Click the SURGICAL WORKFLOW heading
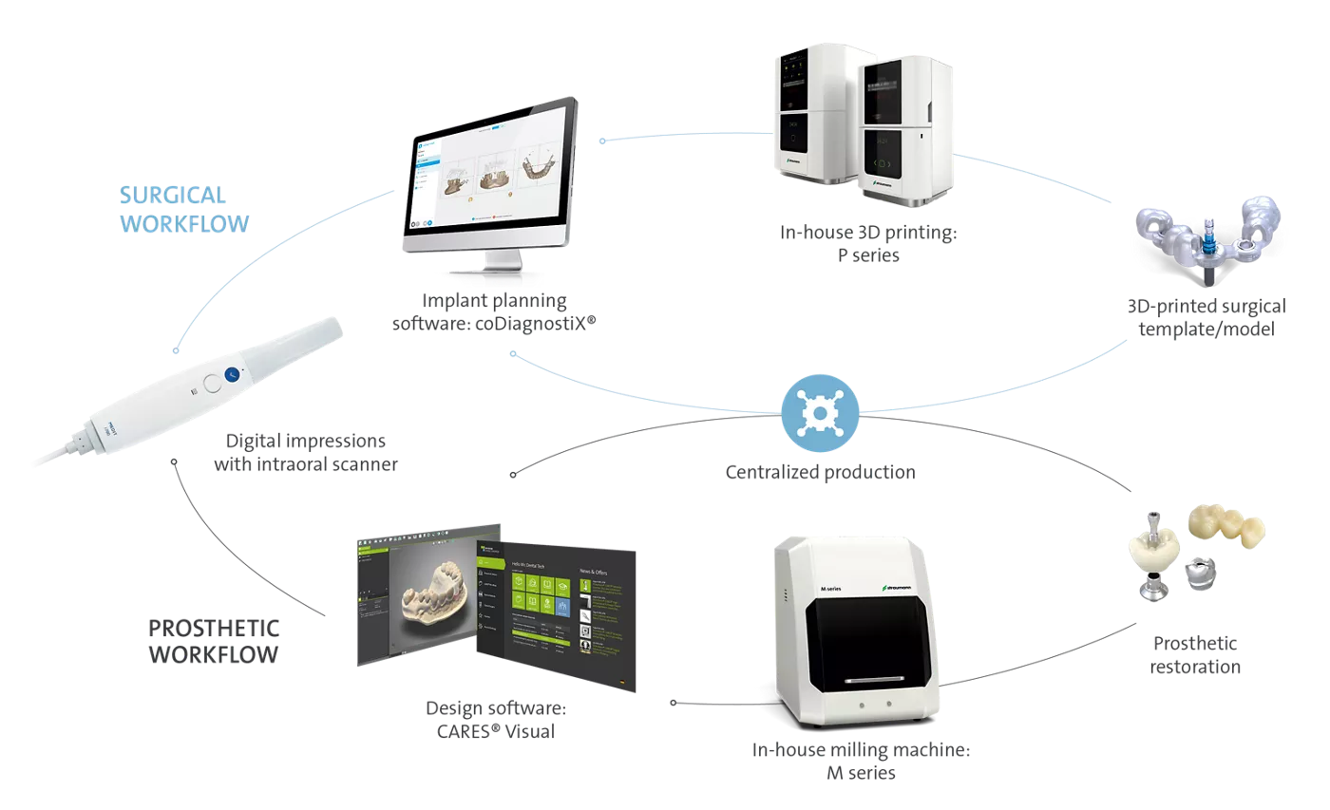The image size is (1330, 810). [x=184, y=209]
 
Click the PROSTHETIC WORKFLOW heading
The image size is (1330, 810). [x=214, y=641]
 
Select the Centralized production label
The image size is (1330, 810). [x=820, y=472]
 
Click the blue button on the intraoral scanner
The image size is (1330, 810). [x=231, y=376]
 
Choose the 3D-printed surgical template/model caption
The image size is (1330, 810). [x=1206, y=318]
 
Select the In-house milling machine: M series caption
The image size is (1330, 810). [x=862, y=761]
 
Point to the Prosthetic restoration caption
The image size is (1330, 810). [x=1194, y=654]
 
